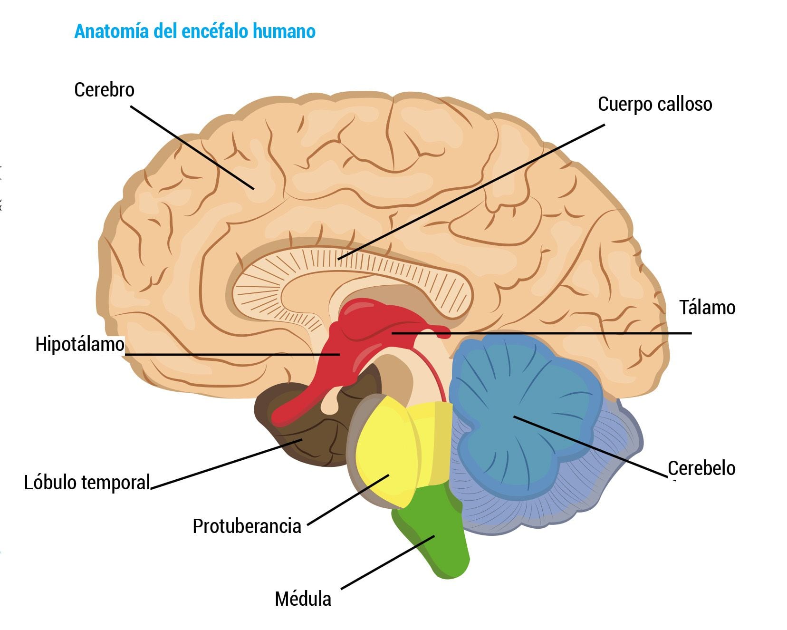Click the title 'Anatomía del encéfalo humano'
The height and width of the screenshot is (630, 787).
195,31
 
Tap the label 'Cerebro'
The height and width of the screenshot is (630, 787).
104,90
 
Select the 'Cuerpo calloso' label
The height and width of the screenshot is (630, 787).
654,104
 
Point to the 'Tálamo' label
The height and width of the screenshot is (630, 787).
707,308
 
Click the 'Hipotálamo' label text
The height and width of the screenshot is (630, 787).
80,344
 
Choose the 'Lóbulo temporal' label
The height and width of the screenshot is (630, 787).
87,482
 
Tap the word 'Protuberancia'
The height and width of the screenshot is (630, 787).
247,526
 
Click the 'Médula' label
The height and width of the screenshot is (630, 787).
303,599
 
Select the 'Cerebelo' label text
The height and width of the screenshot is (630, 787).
701,468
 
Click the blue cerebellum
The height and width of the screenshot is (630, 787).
518,404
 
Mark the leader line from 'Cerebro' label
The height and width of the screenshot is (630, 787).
192,147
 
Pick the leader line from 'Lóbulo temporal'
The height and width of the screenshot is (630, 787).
226,464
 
